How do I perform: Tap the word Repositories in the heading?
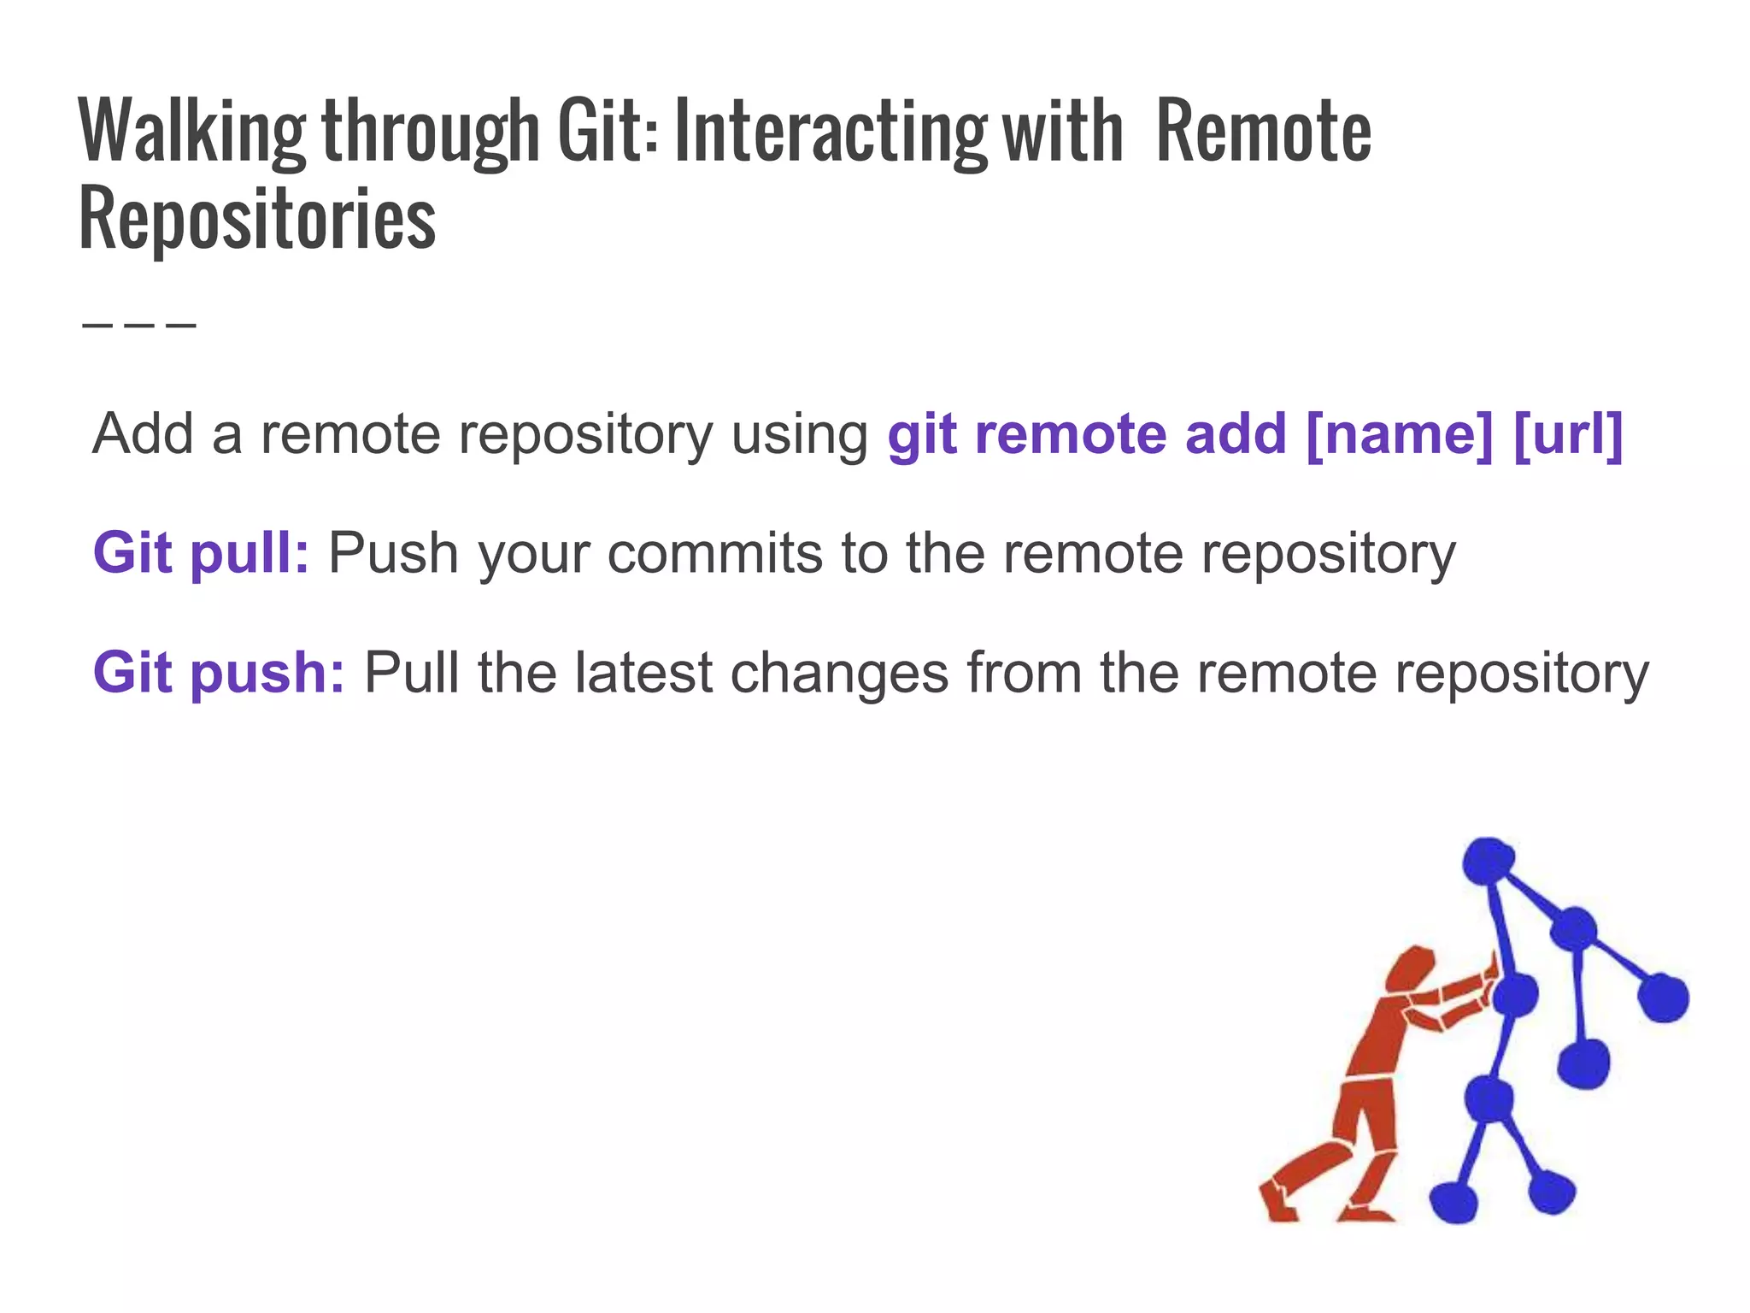pos(257,220)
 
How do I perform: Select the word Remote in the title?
pos(1263,132)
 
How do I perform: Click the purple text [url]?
pos(1567,434)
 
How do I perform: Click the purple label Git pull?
pos(201,553)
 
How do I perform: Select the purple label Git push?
pos(219,673)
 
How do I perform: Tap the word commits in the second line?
pos(716,553)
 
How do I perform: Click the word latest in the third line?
pos(643,673)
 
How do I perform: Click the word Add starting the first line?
pos(143,434)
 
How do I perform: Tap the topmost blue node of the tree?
pos(1488,861)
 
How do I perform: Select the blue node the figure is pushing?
pos(1515,995)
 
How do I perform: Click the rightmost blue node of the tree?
pos(1663,998)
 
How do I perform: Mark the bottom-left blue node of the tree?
pos(1453,1201)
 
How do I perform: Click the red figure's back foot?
pos(1278,1205)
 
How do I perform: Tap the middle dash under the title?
pos(140,325)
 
